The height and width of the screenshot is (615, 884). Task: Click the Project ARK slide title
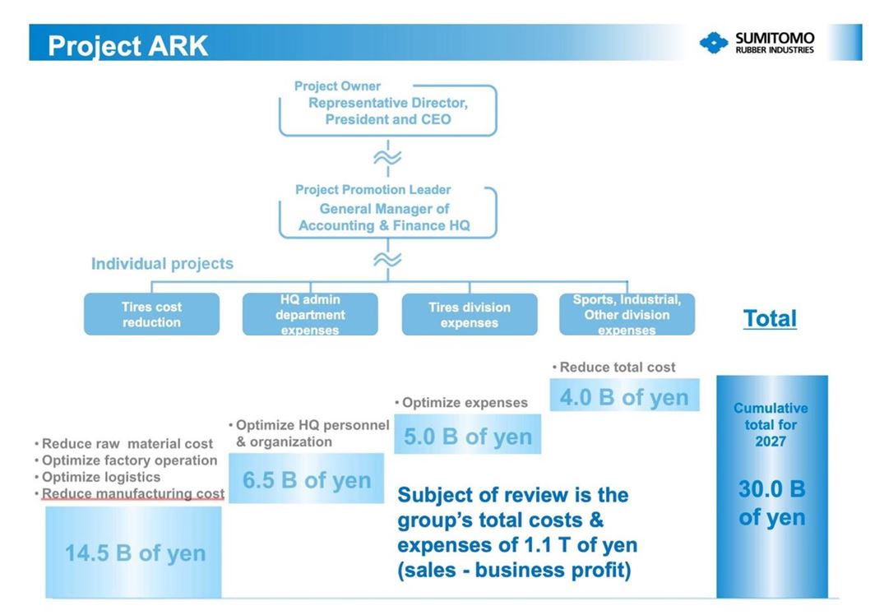[128, 46]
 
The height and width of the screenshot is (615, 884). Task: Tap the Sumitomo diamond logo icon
[713, 43]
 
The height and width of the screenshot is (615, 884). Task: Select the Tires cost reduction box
[151, 314]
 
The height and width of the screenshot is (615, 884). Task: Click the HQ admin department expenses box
[310, 314]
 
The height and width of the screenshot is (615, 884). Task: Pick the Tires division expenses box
[469, 314]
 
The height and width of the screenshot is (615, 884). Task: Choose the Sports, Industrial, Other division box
[627, 314]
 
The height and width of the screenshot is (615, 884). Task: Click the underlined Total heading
[770, 318]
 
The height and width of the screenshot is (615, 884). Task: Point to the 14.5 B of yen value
[136, 553]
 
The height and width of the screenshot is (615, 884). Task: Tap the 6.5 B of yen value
[307, 480]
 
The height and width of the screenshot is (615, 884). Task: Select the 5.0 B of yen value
[468, 437]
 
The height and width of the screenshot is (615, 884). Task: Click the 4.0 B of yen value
[624, 397]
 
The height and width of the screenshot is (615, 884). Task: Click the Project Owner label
[337, 86]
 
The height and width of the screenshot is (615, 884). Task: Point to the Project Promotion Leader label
[373, 189]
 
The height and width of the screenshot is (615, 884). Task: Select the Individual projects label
[162, 264]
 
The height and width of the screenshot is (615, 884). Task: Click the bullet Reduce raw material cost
[123, 444]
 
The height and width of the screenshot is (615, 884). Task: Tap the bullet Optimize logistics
[98, 477]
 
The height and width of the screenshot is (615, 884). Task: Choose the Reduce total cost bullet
[613, 367]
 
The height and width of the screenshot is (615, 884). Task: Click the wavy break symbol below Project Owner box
[388, 158]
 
